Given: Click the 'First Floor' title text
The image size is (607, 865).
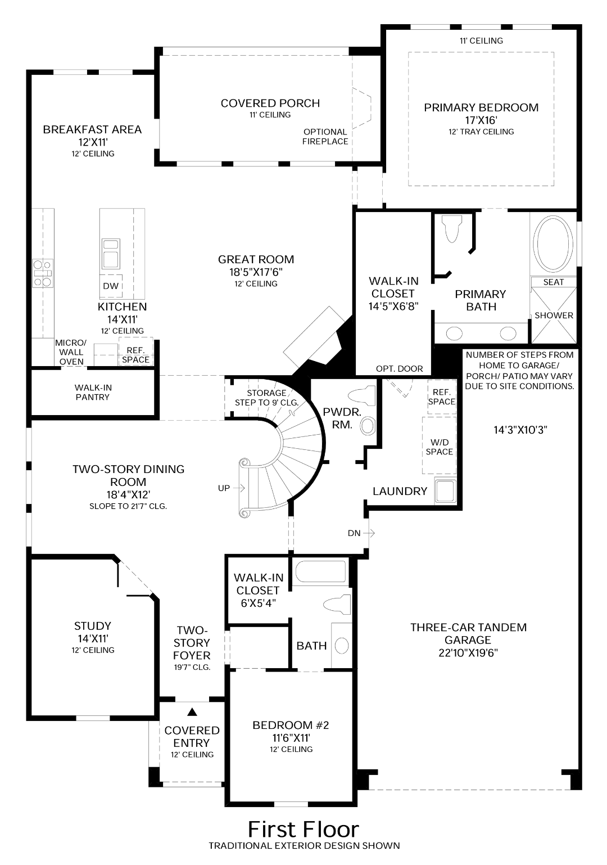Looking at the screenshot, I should tap(303, 829).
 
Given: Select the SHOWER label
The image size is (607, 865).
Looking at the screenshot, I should tap(554, 316).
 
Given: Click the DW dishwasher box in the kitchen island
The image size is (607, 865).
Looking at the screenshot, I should tap(111, 286).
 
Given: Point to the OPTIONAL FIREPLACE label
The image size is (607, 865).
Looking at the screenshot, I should tap(325, 137).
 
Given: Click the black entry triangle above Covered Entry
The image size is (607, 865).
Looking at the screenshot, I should tap(192, 712).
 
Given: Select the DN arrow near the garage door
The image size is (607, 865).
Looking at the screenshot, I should tap(369, 533).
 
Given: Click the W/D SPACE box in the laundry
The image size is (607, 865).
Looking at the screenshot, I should tap(439, 447).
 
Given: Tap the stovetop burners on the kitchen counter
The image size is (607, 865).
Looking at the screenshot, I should tap(42, 273).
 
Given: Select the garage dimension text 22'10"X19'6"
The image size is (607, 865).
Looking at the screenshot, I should tap(468, 653).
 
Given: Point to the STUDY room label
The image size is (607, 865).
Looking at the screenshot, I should tap(93, 626).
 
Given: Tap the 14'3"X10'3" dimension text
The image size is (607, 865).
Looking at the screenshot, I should tap(520, 430).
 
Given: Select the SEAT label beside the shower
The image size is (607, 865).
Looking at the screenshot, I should tap(553, 282).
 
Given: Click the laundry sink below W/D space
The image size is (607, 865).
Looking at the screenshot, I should tap(445, 490).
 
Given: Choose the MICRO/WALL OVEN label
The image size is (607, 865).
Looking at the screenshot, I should tap(71, 352).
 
